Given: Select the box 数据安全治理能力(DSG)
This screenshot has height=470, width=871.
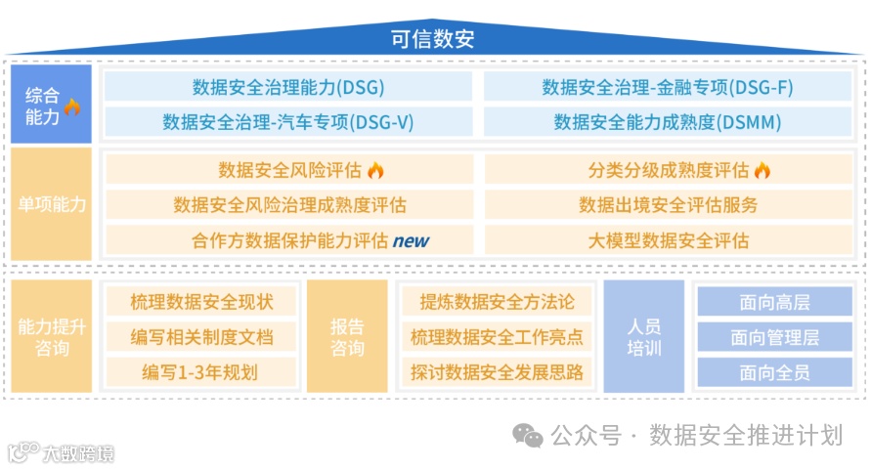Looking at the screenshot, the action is [x=288, y=87].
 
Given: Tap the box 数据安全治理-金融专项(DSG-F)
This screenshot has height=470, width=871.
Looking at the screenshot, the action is [x=668, y=87].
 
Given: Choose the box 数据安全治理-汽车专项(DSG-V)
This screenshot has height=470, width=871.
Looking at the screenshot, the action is [x=288, y=122].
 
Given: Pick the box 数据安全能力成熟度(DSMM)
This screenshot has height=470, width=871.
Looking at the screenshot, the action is [x=668, y=122].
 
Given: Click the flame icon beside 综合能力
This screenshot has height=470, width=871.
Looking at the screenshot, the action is [x=72, y=107].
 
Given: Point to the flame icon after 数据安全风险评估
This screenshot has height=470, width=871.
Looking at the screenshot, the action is [x=376, y=170].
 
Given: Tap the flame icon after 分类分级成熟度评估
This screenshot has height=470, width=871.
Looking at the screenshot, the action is [x=762, y=170].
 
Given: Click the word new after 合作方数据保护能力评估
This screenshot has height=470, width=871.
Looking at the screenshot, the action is [x=411, y=240].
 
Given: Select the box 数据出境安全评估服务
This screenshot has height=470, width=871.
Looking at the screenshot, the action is [x=668, y=205].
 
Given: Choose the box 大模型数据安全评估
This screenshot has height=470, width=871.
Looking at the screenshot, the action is [x=668, y=240].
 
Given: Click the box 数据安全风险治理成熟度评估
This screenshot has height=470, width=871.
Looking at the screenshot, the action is [x=289, y=205].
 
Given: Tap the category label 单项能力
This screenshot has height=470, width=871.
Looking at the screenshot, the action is [x=52, y=205].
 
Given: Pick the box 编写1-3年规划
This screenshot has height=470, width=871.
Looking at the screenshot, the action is [x=199, y=372].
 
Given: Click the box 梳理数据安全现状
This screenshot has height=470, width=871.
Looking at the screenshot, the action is [x=199, y=302].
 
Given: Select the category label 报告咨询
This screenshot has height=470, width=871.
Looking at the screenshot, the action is [x=347, y=337].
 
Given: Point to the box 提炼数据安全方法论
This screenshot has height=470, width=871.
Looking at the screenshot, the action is [x=497, y=302].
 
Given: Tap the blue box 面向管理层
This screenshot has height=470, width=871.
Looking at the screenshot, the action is [x=774, y=337].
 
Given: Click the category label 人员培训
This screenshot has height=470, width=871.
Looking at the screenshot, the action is [x=643, y=337].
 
